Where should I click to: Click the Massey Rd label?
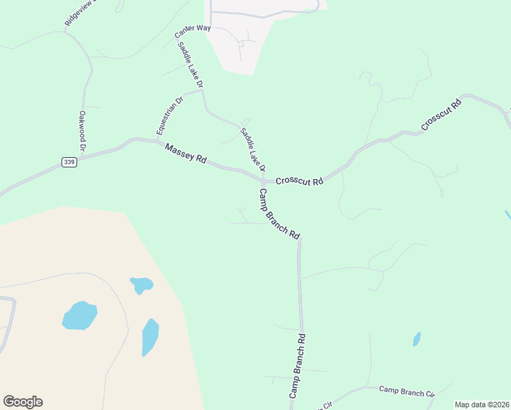pyautogui.click(x=186, y=153)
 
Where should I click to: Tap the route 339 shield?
pyautogui.click(x=68, y=162)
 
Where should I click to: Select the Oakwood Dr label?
pyautogui.click(x=82, y=131)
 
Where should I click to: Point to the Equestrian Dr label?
pyautogui.click(x=169, y=115)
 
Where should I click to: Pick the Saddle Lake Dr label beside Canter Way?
pyautogui.click(x=191, y=65)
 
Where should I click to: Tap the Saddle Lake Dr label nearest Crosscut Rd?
pyautogui.click(x=252, y=149)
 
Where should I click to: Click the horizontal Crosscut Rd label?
pyautogui.click(x=299, y=182)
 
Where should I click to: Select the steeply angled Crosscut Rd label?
pyautogui.click(x=442, y=115)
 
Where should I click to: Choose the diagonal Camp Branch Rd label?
pyautogui.click(x=279, y=214)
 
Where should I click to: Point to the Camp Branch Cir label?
pyautogui.click(x=407, y=392)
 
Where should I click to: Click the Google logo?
pyautogui.click(x=23, y=402)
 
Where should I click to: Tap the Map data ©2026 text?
pyautogui.click(x=482, y=405)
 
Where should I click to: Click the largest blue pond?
pyautogui.click(x=79, y=315)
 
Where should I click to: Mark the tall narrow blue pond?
pyautogui.click(x=150, y=337)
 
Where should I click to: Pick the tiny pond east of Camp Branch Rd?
pyautogui.click(x=417, y=339)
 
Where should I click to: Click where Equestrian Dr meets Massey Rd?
pyautogui.click(x=158, y=141)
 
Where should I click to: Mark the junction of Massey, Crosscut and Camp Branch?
pyautogui.click(x=262, y=182)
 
